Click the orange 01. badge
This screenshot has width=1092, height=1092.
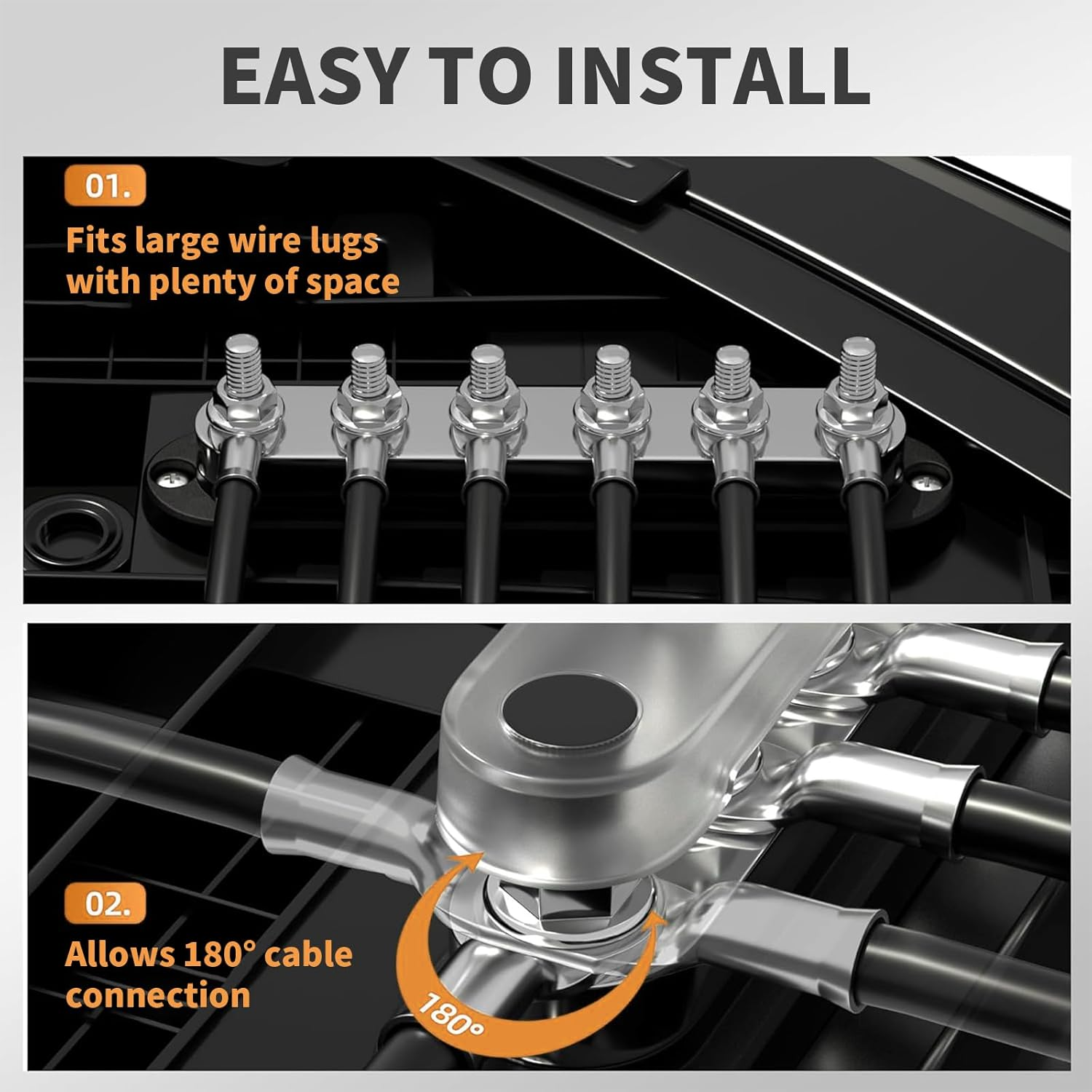point(106,186)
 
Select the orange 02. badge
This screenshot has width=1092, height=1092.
point(106,903)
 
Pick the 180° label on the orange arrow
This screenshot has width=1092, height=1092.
point(451,1014)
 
